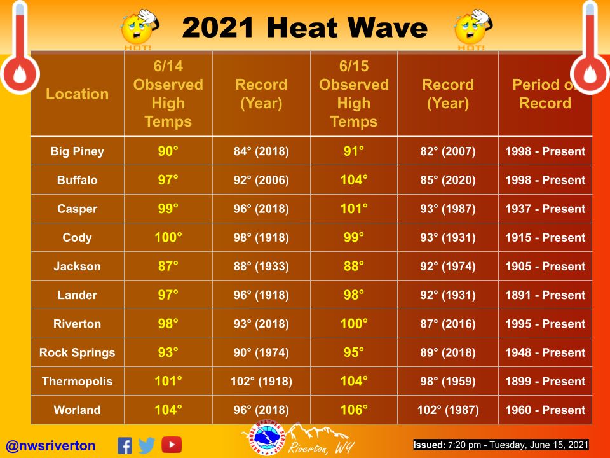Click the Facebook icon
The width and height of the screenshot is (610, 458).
(125, 445)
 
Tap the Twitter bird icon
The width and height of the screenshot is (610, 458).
(147, 445)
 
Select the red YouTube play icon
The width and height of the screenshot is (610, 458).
(172, 445)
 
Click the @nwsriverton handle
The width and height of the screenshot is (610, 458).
(51, 445)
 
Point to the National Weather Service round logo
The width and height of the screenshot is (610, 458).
(266, 438)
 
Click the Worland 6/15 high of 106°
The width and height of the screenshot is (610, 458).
(354, 410)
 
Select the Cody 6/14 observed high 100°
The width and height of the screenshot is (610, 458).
(168, 237)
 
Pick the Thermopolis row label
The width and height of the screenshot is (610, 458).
(77, 381)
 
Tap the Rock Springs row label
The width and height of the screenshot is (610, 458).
(77, 353)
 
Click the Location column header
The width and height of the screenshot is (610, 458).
(77, 94)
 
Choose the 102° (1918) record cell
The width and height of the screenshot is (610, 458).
(261, 381)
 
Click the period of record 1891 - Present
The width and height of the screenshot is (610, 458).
(545, 295)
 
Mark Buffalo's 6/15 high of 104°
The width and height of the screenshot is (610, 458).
(354, 180)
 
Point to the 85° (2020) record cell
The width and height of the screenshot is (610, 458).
(448, 180)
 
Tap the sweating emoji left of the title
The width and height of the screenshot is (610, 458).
(139, 27)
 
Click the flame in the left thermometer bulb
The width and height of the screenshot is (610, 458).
(20, 74)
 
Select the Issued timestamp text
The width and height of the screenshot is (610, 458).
(501, 445)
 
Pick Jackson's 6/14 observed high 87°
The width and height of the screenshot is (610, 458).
(168, 266)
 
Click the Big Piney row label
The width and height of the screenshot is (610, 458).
(77, 151)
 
